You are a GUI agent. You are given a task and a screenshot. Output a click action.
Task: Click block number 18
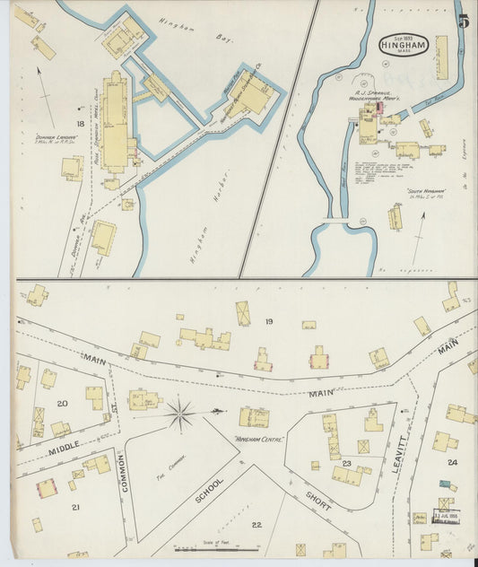pyautogui.click(x=80, y=123)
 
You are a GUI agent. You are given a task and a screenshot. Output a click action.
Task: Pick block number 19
pyautogui.click(x=268, y=320)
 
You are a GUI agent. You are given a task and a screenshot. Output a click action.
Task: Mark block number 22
pyautogui.click(x=256, y=525)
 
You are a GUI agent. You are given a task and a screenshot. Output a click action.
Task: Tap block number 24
pyautogui.click(x=452, y=462)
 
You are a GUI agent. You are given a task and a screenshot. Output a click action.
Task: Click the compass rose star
pyautogui.click(x=180, y=414)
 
